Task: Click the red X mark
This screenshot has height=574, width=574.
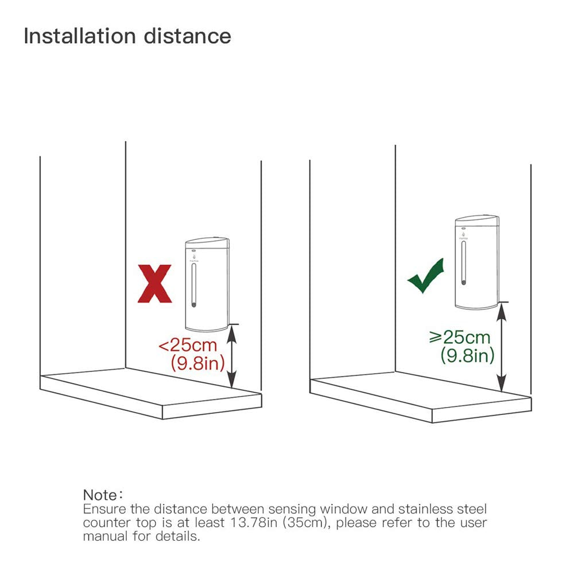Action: (155, 284)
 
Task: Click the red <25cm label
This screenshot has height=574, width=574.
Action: (188, 346)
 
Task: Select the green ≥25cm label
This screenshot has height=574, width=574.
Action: (460, 337)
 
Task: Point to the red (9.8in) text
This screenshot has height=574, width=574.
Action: (197, 363)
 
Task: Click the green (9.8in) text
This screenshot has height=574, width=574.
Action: (467, 355)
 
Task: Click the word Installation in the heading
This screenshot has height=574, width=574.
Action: (79, 36)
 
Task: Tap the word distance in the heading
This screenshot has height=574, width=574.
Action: (188, 36)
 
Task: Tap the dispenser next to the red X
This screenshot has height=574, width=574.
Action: (207, 285)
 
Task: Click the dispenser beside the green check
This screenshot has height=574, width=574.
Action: (476, 263)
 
